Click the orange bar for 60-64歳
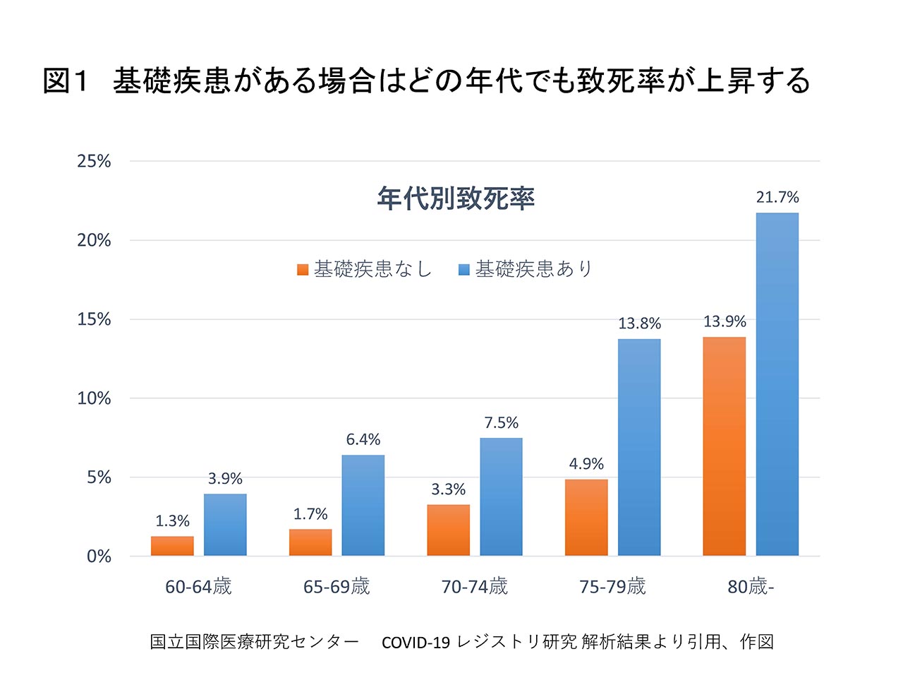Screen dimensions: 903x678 tap(172, 546)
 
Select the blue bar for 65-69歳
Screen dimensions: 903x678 tap(363, 506)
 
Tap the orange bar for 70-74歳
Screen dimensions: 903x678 tap(448, 530)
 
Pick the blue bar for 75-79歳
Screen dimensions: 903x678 tap(639, 448)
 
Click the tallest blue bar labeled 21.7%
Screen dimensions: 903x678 tap(777, 384)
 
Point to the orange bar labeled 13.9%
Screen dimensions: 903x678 tap(724, 446)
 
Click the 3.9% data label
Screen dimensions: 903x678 tap(225, 478)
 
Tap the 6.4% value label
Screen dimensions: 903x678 tap(363, 439)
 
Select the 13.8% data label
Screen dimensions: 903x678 tap(639, 323)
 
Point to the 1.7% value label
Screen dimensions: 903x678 tap(310, 513)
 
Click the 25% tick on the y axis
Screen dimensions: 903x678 tap(94, 161)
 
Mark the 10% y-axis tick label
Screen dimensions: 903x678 tap(94, 398)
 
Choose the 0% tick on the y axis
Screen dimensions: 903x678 tap(99, 556)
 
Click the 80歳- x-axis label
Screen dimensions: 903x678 tap(751, 587)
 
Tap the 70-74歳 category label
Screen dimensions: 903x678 tap(474, 587)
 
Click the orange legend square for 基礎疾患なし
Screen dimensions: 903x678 tap(303, 270)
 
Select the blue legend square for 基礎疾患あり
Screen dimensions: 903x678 tap(463, 270)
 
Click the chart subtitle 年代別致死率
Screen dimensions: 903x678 tap(456, 198)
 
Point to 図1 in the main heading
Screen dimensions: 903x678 tap(66, 81)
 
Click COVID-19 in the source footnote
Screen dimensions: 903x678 tap(416, 643)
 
